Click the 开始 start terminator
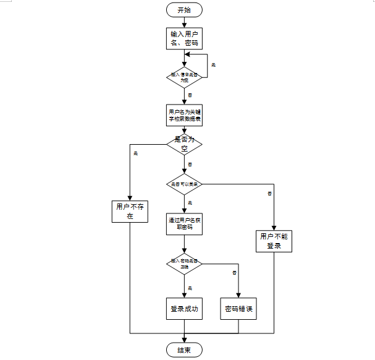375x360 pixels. coord(184,9)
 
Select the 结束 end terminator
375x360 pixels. coord(184,350)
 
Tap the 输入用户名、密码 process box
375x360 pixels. coord(184,38)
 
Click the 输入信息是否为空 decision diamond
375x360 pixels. coord(184,76)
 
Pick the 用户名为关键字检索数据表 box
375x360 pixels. coord(184,116)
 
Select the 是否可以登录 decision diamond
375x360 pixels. coord(184,184)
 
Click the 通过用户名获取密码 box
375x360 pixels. coord(184,223)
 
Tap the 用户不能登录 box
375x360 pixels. coord(274,241)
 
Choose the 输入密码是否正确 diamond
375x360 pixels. coord(184,264)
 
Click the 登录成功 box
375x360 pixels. coord(184,309)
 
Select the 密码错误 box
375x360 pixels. coord(238,309)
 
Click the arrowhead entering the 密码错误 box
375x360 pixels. coord(238,295)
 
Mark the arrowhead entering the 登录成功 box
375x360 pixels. coord(184,295)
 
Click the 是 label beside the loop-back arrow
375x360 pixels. coord(214,65)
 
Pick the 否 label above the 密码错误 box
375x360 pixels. coord(234,272)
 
